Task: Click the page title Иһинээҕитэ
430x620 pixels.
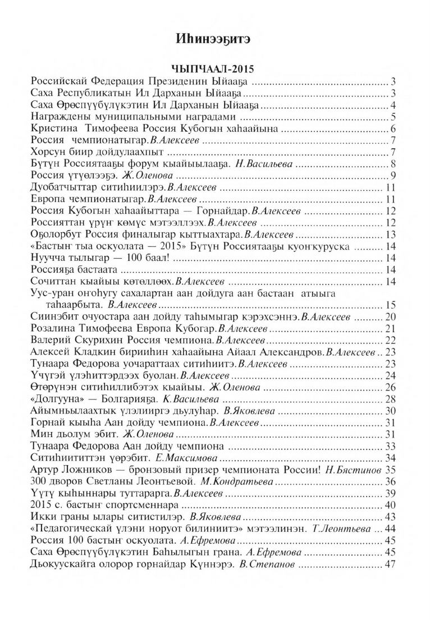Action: pos(215,39)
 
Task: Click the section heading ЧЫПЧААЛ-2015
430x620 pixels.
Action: pos(215,70)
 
